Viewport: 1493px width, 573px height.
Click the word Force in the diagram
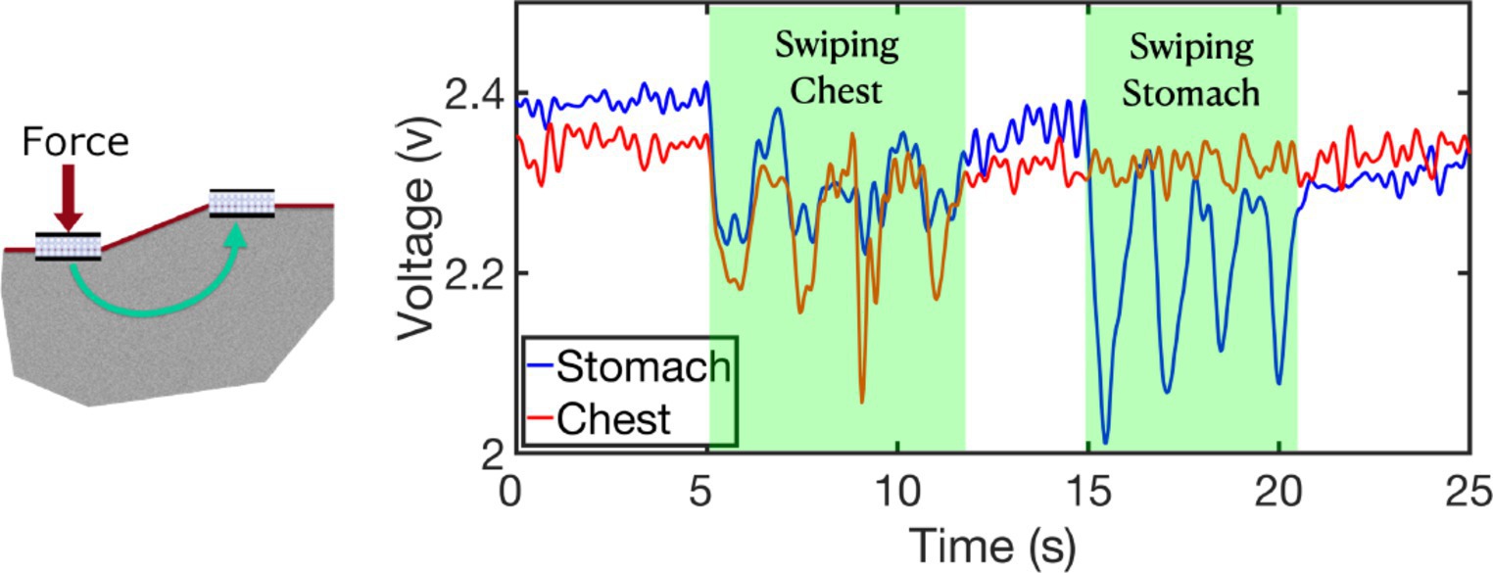[x=77, y=143]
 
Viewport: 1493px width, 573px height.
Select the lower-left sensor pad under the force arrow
[x=67, y=247]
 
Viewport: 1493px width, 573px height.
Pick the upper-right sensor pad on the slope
[x=242, y=203]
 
